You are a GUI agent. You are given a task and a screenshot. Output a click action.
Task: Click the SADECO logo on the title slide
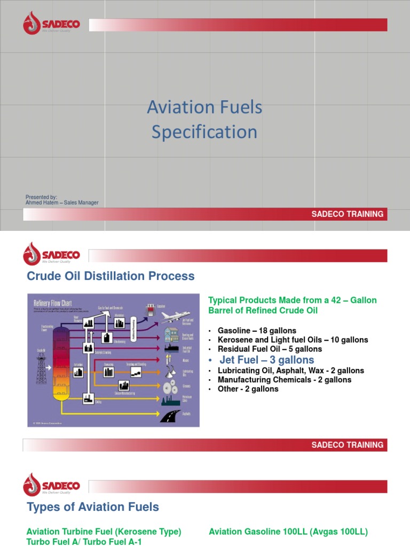[x=51, y=25]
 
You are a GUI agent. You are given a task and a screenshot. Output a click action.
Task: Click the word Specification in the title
[x=204, y=132]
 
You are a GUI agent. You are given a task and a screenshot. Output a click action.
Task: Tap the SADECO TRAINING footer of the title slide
[x=348, y=214]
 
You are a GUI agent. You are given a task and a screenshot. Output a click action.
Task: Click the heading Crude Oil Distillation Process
[x=111, y=276]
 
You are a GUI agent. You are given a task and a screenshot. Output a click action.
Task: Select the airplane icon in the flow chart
[x=175, y=316]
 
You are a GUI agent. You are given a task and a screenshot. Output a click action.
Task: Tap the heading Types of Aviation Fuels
[x=93, y=507]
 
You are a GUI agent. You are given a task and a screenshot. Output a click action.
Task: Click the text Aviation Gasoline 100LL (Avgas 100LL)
[x=288, y=532]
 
